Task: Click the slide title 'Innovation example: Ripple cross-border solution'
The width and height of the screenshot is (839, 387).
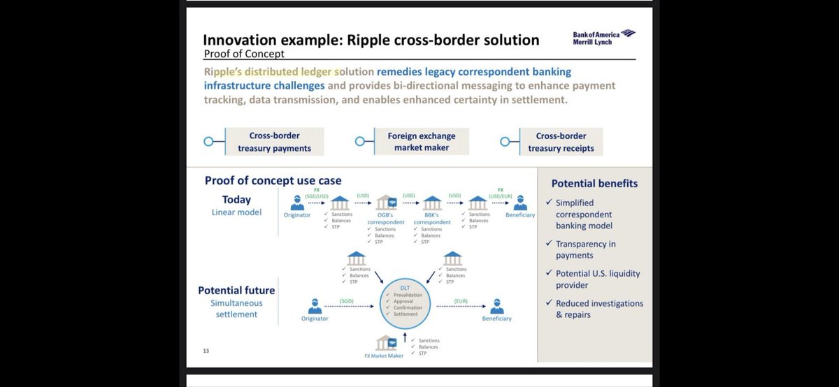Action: coord(371,40)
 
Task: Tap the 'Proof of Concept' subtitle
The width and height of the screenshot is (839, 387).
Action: coord(243,54)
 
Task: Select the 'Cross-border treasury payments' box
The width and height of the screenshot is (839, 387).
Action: coord(274,142)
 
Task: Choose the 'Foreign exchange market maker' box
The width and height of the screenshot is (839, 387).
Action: coord(421,141)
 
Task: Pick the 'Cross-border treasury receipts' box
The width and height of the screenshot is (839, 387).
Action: coord(561,142)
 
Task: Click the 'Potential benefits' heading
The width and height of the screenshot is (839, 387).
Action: coord(594,184)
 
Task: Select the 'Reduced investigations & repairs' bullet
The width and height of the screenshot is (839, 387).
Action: coord(598,309)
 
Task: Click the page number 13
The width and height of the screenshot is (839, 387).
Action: coord(207,351)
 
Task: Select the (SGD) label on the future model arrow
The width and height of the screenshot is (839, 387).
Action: coord(347,300)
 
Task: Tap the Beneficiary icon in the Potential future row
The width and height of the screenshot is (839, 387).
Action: coord(496,305)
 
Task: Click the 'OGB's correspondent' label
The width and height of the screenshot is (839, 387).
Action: coord(386,218)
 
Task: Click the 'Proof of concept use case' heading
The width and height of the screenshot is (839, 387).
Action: coord(273,180)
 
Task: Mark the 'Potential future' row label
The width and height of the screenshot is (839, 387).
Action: coord(236,290)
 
